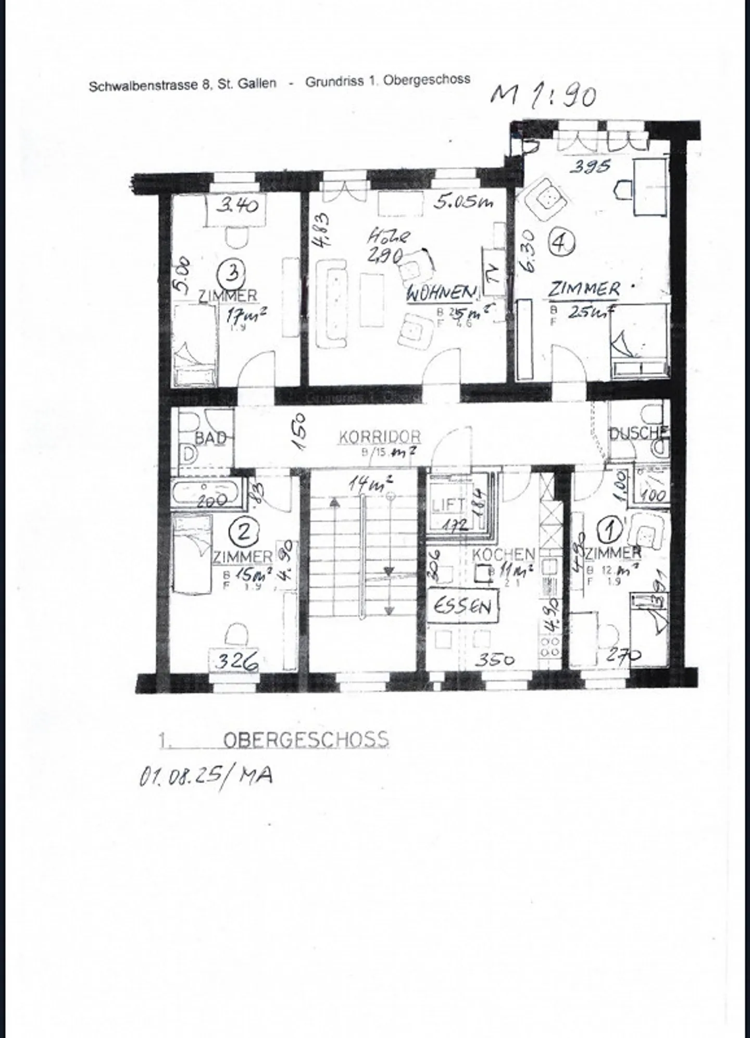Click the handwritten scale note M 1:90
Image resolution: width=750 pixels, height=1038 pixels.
(x=544, y=96)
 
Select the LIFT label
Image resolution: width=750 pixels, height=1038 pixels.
(x=448, y=504)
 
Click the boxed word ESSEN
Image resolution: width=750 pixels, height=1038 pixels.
(x=463, y=606)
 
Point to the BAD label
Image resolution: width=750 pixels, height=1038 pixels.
(x=210, y=438)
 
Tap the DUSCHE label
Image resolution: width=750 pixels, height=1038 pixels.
(x=638, y=433)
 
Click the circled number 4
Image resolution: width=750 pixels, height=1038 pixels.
(x=560, y=243)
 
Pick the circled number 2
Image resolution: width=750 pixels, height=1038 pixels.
(x=244, y=532)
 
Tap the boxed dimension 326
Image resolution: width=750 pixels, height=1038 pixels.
(x=237, y=662)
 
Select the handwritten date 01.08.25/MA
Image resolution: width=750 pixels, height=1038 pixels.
(x=206, y=777)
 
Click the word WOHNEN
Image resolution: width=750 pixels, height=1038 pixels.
(x=442, y=293)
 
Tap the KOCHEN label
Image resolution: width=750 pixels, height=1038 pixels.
(x=503, y=554)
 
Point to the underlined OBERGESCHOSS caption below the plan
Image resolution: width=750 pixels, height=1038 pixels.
(x=305, y=740)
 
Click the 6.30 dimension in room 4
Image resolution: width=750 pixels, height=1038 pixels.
(x=527, y=252)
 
